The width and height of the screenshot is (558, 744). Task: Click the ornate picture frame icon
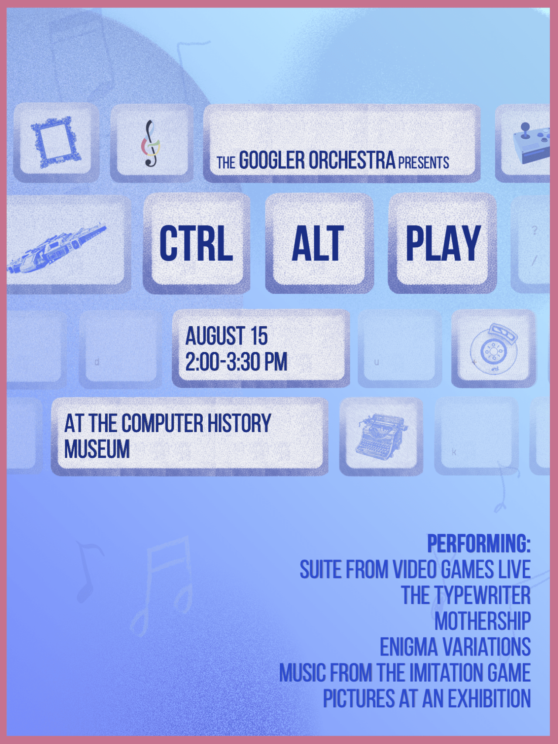pyautogui.click(x=55, y=142)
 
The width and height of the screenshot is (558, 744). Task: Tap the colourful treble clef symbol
pyautogui.click(x=151, y=143)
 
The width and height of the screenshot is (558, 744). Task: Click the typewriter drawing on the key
pyautogui.click(x=381, y=437)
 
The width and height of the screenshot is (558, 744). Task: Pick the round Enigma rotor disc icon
pyautogui.click(x=493, y=348)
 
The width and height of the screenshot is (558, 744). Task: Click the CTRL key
pyautogui.click(x=196, y=243)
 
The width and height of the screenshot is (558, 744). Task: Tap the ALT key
pyautogui.click(x=319, y=243)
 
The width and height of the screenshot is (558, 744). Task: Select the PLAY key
pyautogui.click(x=442, y=243)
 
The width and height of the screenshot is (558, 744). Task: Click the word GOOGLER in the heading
pyautogui.click(x=272, y=160)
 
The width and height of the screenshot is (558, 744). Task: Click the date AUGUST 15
pyautogui.click(x=227, y=336)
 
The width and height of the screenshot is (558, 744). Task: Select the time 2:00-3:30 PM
pyautogui.click(x=236, y=362)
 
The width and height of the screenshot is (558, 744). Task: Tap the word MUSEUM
pyautogui.click(x=97, y=449)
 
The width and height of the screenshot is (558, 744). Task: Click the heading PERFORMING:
pyautogui.click(x=479, y=543)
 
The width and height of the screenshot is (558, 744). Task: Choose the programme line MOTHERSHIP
pyautogui.click(x=483, y=621)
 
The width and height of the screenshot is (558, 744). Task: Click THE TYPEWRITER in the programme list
pyautogui.click(x=466, y=595)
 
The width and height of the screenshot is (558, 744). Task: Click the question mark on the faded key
pyautogui.click(x=535, y=230)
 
